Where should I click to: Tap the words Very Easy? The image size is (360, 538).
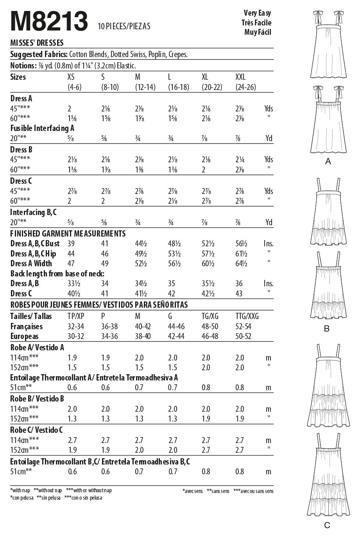(257, 13)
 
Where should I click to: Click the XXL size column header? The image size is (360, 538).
(240, 77)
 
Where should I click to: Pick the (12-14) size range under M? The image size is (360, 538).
(145, 87)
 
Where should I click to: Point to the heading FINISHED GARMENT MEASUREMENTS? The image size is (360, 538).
(68, 233)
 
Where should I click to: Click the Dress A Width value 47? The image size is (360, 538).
(72, 264)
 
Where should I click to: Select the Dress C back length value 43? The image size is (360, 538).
(239, 294)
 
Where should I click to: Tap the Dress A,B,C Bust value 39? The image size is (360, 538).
(71, 244)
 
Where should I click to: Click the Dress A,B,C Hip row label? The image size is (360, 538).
(33, 254)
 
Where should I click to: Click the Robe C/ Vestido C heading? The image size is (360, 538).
(37, 430)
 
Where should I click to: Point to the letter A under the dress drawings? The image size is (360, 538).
(328, 161)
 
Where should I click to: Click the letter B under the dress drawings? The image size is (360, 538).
(327, 329)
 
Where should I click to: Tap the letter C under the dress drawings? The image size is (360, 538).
(327, 525)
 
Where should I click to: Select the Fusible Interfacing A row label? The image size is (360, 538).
(42, 128)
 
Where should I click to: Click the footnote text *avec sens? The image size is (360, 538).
(192, 491)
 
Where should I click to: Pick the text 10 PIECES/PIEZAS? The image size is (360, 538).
(124, 27)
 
